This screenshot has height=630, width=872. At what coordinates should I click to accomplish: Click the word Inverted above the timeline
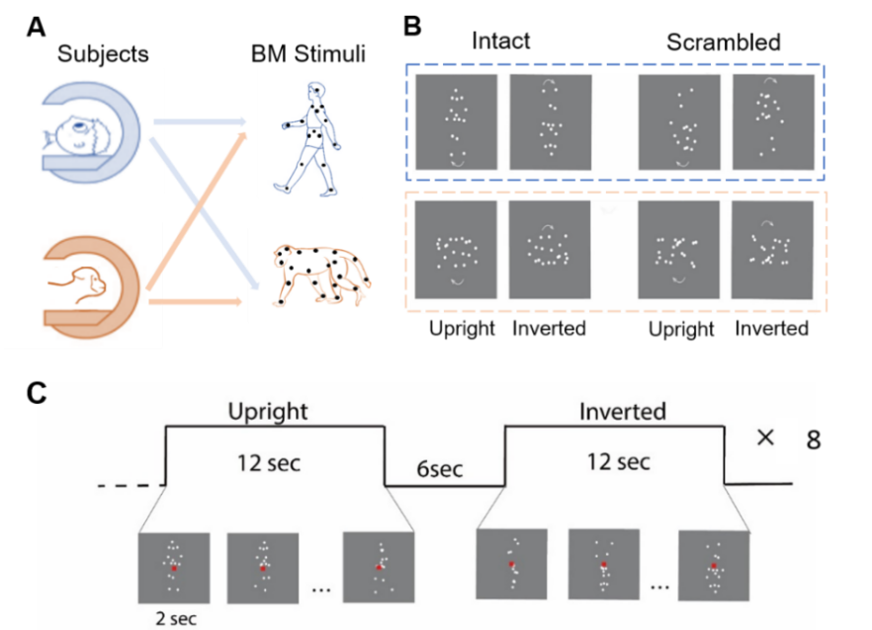tap(623, 410)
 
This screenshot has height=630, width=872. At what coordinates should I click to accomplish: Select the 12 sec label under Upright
tap(270, 461)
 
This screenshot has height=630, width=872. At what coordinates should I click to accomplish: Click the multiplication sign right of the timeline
tap(765, 436)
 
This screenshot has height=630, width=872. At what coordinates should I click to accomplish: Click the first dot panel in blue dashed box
tap(456, 123)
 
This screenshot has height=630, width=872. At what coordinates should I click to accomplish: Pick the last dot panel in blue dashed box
tap(772, 123)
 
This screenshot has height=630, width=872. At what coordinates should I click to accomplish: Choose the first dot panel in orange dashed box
tap(456, 250)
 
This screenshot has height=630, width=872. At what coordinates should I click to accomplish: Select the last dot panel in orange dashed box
tap(772, 250)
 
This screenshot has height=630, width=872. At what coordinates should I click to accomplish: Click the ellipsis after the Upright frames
tap(320, 589)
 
